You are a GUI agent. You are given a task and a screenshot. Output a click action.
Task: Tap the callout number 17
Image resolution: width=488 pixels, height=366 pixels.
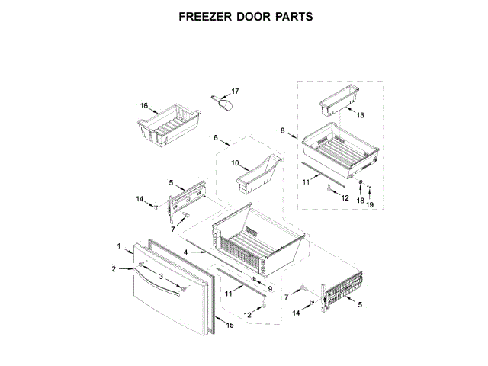click(235, 92)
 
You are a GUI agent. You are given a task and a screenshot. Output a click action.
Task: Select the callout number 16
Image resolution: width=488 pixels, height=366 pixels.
click(143, 106)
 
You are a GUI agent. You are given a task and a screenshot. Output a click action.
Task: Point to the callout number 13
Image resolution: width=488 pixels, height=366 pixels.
click(360, 115)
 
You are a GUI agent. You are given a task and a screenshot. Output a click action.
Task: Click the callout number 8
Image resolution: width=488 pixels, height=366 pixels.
click(283, 131)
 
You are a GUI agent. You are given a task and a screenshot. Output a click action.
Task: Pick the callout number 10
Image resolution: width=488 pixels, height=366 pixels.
click(236, 162)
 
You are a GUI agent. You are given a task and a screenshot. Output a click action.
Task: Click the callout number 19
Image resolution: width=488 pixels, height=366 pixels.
click(370, 205)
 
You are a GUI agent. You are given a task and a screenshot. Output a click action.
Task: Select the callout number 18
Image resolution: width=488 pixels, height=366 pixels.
click(361, 200)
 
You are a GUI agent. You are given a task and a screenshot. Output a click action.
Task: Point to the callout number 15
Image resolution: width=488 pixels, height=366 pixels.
click(230, 326)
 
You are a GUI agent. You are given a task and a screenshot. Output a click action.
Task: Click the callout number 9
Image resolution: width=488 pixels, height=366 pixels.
click(269, 288)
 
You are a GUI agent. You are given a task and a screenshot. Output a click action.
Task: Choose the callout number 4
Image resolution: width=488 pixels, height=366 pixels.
click(186, 252)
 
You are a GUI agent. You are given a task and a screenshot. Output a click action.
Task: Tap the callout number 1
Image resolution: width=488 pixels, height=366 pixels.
click(120, 246)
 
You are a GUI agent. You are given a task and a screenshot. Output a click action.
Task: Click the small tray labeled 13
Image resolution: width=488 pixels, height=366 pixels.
click(336, 98)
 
